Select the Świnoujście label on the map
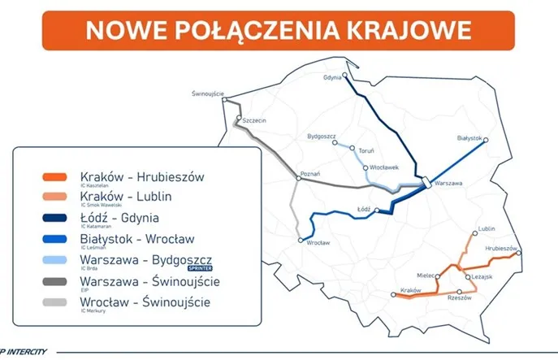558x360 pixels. tap(207, 93)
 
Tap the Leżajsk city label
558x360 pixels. tap(482, 277)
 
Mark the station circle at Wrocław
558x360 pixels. tap(301, 241)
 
